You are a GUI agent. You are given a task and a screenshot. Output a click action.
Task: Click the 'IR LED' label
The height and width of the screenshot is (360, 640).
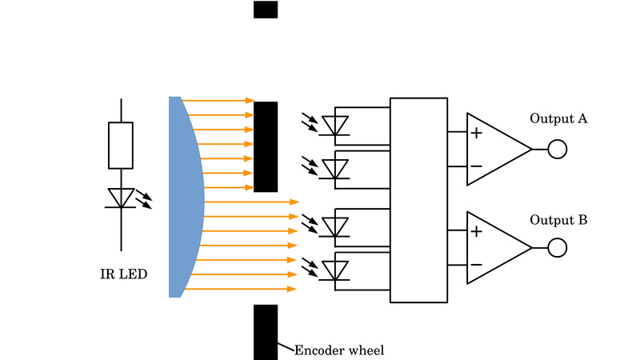(123, 274)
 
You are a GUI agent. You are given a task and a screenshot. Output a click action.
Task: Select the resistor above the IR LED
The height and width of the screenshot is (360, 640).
(121, 146)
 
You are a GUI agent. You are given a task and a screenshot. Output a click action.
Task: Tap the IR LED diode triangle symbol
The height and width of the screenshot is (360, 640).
(121, 198)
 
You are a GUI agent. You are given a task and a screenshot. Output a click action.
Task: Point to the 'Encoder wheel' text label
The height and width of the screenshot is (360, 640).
(339, 350)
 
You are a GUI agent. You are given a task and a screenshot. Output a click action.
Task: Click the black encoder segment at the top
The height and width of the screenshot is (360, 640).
(266, 10)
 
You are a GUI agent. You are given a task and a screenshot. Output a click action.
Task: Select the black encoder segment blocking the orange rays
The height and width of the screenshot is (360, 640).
(266, 146)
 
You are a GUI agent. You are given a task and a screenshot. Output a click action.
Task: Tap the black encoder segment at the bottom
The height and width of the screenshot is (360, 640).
(266, 331)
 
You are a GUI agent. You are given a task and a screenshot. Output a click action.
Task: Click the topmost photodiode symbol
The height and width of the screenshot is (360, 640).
(335, 126)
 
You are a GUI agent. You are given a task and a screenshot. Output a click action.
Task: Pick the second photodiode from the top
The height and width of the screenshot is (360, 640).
(335, 169)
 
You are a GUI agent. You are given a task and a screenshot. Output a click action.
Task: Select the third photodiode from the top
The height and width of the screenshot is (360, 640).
(335, 226)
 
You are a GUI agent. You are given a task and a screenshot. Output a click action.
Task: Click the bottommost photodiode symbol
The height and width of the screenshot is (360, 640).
(335, 270)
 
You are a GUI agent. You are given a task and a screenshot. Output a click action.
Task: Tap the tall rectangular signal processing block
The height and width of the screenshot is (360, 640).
(418, 200)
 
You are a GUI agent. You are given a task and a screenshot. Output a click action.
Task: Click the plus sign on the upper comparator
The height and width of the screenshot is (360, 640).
(476, 133)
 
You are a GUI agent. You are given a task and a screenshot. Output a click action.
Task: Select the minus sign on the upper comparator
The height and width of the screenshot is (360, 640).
(476, 166)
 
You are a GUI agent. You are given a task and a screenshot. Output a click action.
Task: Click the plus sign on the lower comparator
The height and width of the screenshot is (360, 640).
(476, 232)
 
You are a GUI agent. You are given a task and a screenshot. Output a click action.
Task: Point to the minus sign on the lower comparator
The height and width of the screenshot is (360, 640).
(476, 265)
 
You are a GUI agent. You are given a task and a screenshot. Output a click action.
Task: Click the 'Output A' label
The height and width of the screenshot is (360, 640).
(558, 119)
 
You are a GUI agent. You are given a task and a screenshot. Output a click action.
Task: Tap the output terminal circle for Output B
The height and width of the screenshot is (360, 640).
(557, 248)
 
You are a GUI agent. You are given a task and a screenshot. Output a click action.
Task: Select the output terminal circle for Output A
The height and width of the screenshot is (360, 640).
(557, 149)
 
